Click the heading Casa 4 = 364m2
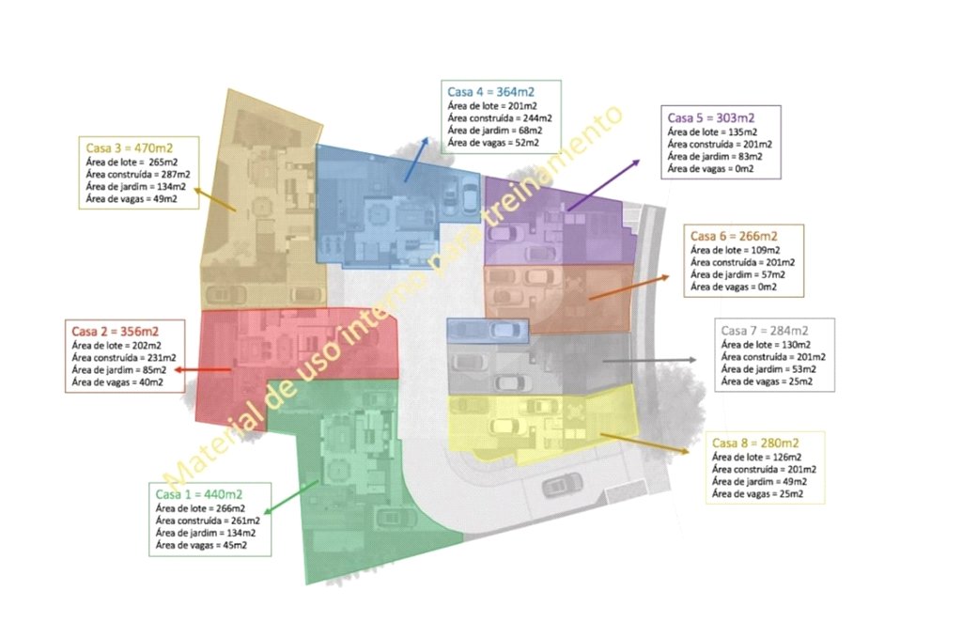490,92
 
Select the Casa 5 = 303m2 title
711,117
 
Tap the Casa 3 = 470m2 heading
130,148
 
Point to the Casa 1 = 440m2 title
199,494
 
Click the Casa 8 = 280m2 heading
755,443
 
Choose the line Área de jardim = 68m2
494,130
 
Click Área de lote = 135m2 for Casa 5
712,132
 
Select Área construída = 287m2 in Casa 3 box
138,174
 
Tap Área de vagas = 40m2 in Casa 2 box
117,382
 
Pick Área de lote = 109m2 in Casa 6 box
735,250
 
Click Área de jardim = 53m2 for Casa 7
768,369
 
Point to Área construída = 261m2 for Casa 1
208,521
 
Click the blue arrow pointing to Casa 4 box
416,160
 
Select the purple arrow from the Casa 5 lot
604,185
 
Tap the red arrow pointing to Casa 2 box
203,370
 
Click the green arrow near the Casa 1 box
291,497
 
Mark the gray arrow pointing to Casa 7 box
649,361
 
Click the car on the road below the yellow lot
562,485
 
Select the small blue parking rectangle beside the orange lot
488,332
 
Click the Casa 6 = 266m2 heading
734,236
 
